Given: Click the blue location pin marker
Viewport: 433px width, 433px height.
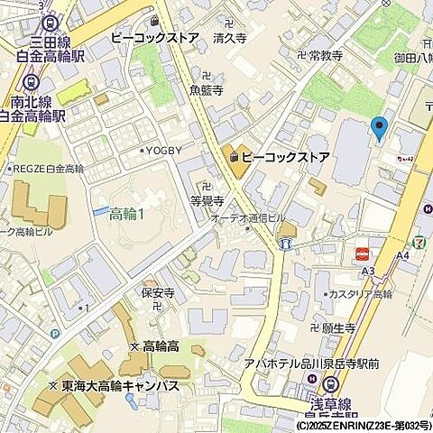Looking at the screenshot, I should (379, 128).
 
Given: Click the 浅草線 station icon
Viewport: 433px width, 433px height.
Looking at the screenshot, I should (330, 383).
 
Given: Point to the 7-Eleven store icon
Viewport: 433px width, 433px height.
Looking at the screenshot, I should (419, 243).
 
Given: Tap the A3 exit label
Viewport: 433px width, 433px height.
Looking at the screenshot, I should (367, 271).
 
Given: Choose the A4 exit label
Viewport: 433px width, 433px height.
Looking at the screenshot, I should (403, 255).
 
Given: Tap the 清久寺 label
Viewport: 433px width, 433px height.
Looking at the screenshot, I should (230, 39).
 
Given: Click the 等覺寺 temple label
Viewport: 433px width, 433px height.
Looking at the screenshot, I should (207, 200).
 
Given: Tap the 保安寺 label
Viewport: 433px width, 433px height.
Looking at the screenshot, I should (157, 293).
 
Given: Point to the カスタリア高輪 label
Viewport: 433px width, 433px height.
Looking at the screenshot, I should (360, 295).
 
